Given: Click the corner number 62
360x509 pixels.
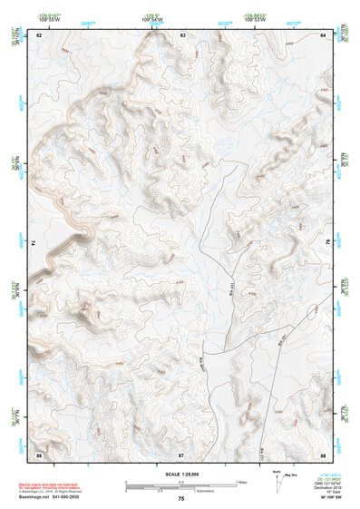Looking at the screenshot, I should (39, 34).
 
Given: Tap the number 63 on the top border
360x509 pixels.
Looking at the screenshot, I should (182, 34).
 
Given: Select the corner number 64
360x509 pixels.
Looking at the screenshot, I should (324, 34).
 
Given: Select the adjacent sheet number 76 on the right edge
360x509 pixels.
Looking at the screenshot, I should (327, 241).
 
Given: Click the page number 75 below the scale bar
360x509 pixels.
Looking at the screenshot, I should (181, 500).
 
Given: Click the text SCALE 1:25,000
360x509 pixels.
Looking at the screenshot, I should (181, 474).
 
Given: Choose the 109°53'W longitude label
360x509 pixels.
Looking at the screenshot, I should (253, 17).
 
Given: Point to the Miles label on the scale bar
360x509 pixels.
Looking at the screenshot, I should (240, 482).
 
